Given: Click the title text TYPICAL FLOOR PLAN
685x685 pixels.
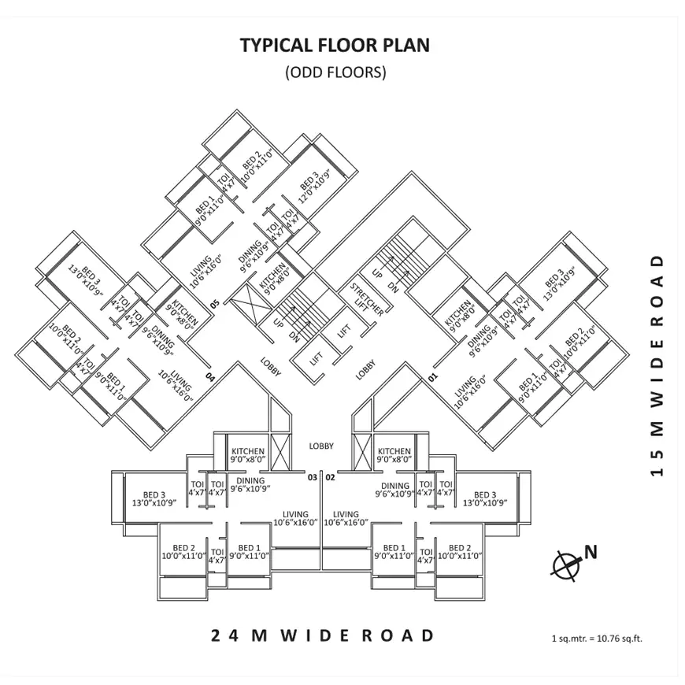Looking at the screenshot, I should [x=335, y=45].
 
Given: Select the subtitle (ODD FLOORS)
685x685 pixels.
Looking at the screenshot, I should [x=335, y=72].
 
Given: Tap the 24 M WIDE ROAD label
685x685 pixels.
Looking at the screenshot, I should [x=323, y=635].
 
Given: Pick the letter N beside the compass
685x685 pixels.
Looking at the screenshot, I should [x=591, y=552].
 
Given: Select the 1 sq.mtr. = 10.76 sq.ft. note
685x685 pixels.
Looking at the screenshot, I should [x=597, y=639].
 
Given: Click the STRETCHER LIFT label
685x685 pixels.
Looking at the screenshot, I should [x=367, y=297].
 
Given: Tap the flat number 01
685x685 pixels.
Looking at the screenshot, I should [x=431, y=377].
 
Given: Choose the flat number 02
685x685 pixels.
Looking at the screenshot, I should [x=331, y=477].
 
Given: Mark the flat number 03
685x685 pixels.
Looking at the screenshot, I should [x=312, y=477].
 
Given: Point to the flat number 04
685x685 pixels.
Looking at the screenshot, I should [x=209, y=377].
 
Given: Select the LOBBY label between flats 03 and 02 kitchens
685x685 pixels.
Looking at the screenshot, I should [x=321, y=446].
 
